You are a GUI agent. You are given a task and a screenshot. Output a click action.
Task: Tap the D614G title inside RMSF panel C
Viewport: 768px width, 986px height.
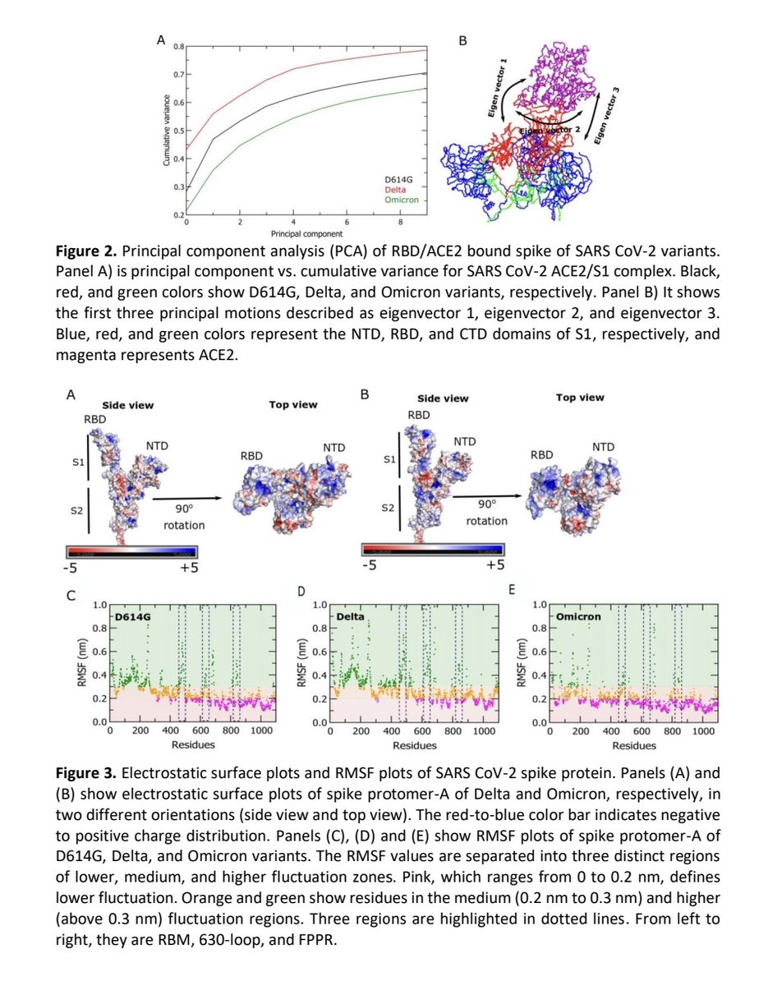(x=134, y=615)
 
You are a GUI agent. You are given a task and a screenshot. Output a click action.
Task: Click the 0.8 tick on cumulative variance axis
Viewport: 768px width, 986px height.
(x=178, y=47)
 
